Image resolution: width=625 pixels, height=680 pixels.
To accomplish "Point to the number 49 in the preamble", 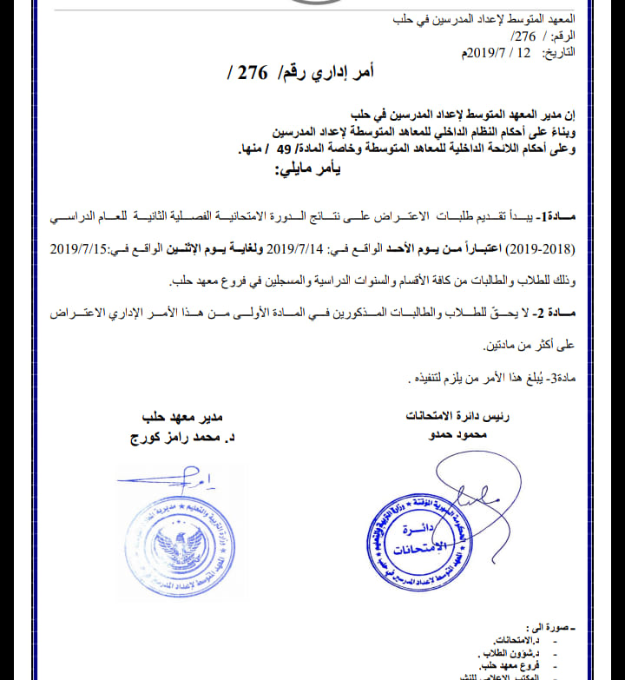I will coord(284,149).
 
